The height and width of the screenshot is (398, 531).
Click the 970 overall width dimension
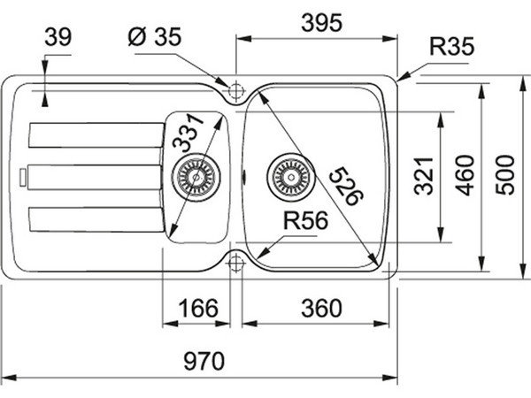coord(204,361)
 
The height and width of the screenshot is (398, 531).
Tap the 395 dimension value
coord(322,23)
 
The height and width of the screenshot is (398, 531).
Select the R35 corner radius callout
coord(451,46)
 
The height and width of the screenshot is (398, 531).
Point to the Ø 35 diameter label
coord(155,36)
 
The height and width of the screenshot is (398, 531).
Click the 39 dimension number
coord(58,37)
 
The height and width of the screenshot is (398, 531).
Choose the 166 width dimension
coord(198,308)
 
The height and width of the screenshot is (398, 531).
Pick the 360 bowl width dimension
coord(321,308)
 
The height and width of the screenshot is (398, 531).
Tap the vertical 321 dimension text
coord(424,176)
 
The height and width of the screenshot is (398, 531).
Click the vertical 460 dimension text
coord(465,175)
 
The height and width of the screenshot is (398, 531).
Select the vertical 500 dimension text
coord(505,175)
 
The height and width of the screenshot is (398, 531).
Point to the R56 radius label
coord(305,220)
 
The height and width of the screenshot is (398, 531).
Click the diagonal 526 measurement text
coord(346,186)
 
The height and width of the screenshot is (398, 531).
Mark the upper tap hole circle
coord(236,91)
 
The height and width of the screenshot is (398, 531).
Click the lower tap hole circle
coord(235,263)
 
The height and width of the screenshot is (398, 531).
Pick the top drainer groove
coord(96,135)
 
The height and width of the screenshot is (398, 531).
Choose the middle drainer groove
coord(95,178)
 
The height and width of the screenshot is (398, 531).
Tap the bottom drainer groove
coord(96,219)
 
